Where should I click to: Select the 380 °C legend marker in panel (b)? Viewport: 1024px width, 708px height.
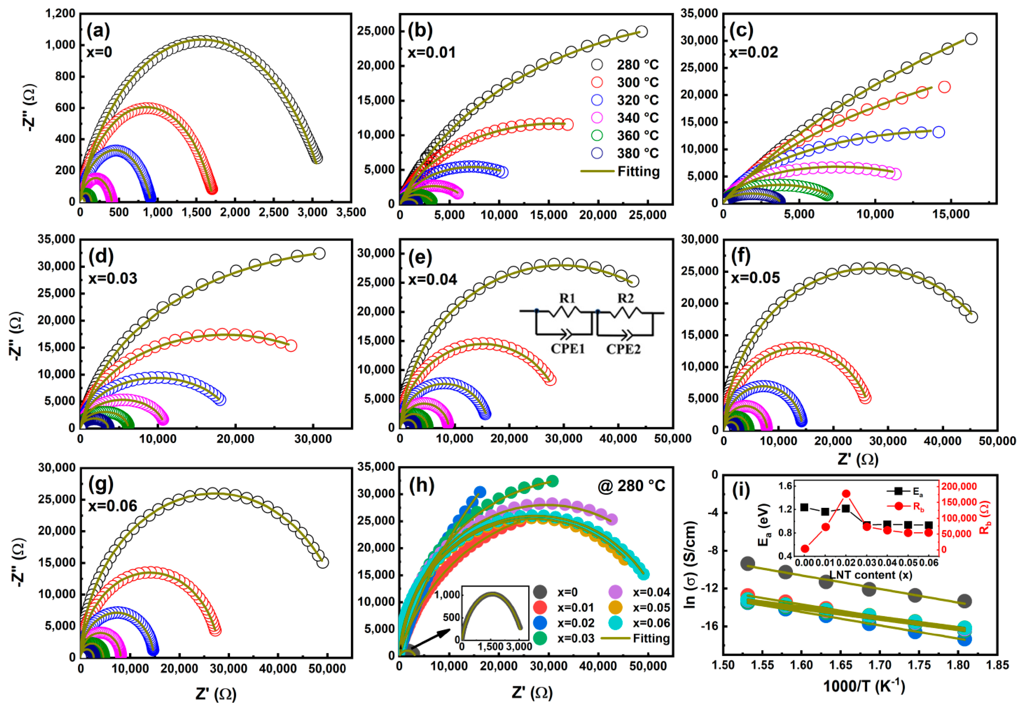(597, 153)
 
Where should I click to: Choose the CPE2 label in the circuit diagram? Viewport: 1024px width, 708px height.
(623, 349)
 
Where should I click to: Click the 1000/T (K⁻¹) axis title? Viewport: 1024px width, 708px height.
(864, 686)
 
